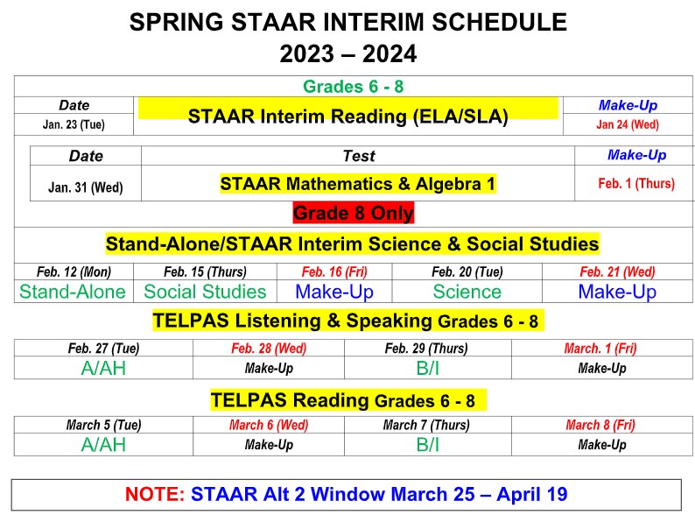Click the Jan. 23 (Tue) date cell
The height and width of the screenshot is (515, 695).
coord(74,124)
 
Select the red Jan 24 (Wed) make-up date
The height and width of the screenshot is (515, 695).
coord(628,124)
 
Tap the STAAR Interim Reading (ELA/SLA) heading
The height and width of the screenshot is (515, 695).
coord(347,116)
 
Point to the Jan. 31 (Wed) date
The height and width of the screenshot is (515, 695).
coord(85,187)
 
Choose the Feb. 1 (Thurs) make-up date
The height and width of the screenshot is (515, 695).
coord(636,184)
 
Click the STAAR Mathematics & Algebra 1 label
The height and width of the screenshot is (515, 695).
coord(358,184)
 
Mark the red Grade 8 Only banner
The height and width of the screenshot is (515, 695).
coord(353,213)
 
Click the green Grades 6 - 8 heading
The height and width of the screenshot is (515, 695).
coord(353,86)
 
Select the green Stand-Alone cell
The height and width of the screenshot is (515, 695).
coord(73,292)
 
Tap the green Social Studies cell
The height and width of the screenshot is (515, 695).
coord(205,292)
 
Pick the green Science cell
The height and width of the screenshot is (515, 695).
coord(467,292)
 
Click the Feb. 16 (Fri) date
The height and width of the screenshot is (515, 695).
coord(333,272)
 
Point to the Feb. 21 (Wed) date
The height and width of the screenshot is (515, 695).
coord(617,272)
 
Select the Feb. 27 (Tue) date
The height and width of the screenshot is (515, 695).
coord(103,349)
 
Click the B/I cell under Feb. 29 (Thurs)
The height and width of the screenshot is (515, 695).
coord(428,368)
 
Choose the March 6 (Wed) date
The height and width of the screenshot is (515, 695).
coord(269,426)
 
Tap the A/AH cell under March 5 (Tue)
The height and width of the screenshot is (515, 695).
coord(103,445)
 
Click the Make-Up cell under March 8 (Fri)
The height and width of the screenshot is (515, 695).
coord(601,445)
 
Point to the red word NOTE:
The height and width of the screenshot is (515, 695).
coord(155,494)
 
